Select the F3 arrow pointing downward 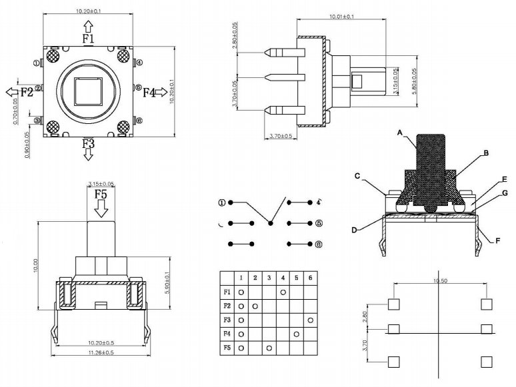[89, 155]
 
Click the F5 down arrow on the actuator [100, 209]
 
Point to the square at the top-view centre [87, 91]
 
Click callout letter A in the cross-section [399, 133]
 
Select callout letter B [486, 153]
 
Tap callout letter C [357, 176]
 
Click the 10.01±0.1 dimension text [342, 16]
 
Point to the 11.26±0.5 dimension [99, 352]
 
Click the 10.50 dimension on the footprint [439, 281]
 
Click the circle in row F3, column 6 [311, 320]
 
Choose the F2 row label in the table [227, 306]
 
